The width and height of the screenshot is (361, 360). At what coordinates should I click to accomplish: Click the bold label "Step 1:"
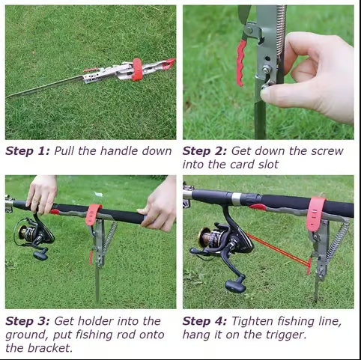28,151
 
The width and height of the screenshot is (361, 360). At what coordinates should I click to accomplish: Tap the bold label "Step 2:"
204,151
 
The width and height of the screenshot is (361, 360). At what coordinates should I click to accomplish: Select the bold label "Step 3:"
28,321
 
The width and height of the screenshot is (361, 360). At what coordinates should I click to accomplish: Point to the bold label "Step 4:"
204,321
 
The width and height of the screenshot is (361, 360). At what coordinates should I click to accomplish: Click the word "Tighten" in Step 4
252,321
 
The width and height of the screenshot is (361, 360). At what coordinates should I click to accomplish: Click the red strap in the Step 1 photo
137,70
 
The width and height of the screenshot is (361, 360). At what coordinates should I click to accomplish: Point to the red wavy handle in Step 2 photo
240,62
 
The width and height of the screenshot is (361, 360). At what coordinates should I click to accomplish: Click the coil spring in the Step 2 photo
281,30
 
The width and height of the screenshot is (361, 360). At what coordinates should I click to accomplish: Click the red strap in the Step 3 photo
93,215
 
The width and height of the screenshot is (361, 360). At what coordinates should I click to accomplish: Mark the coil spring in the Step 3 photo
109,238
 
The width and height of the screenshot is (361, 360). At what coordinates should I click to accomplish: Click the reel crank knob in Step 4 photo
235,285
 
